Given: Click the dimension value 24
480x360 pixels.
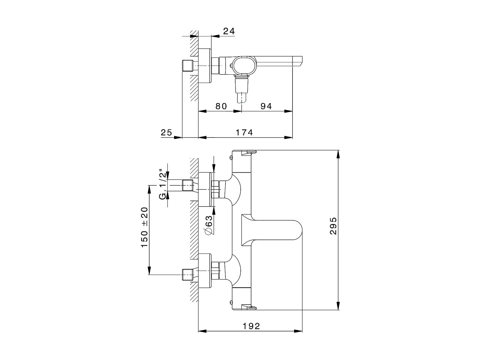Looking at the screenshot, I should point(229,31).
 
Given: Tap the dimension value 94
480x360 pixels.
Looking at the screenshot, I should point(266,106).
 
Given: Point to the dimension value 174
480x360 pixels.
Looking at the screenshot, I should point(244,132).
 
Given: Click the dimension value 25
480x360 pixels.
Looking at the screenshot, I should point(166,132).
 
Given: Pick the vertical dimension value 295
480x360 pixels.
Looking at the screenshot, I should point(333,226).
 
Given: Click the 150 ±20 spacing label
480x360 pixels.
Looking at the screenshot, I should point(144,227).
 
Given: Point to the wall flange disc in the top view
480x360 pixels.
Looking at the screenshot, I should point(205,66).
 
